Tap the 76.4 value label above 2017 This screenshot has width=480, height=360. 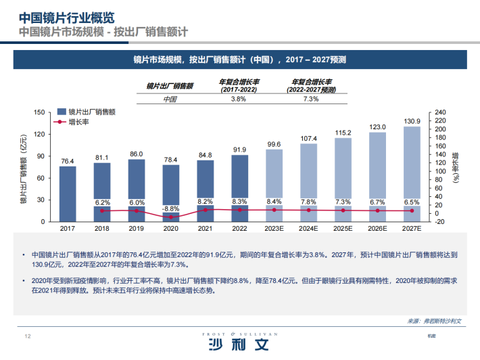point(67,161)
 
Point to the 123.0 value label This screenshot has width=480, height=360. point(377,127)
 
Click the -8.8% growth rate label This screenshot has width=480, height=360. point(171,209)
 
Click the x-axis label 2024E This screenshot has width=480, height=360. point(308,229)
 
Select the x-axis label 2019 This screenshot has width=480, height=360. point(137,229)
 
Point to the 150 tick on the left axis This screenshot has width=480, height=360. point(40,112)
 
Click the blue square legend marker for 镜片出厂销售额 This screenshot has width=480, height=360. point(62,112)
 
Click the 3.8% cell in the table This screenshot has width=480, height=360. point(238,99)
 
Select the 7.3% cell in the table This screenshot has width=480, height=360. point(310,99)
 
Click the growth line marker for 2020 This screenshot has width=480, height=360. point(171,217)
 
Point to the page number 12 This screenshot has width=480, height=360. point(28,336)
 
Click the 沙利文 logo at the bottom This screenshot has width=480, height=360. point(240,345)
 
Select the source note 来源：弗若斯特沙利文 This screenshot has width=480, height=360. point(434,321)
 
